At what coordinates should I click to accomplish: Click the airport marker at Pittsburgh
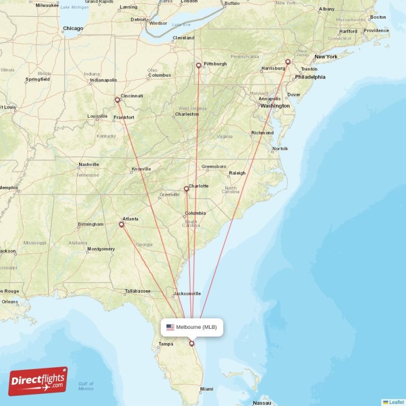coord(198,65)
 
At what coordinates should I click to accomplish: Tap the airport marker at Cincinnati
coord(117,100)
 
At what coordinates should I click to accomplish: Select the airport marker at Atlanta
coord(121,224)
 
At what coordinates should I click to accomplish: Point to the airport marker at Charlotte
coord(186,189)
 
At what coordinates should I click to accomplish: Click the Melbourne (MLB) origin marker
coord(192,343)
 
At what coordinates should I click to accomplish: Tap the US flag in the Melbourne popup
coord(170,327)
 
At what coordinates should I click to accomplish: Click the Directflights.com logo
coord(38,381)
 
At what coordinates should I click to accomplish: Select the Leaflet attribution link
coord(396,402)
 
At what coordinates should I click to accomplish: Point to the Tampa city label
coord(166,344)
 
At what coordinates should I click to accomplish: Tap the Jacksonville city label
coord(187,293)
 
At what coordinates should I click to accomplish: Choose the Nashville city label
coord(89,164)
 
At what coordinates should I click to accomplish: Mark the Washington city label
coord(275,106)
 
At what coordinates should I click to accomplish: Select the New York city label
coord(326,57)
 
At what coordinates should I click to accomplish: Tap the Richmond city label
coord(262,133)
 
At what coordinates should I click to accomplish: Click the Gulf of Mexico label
coord(86,386)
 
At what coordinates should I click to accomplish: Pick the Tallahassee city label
coord(138,291)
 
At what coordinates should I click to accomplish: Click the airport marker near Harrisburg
coord(288,62)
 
